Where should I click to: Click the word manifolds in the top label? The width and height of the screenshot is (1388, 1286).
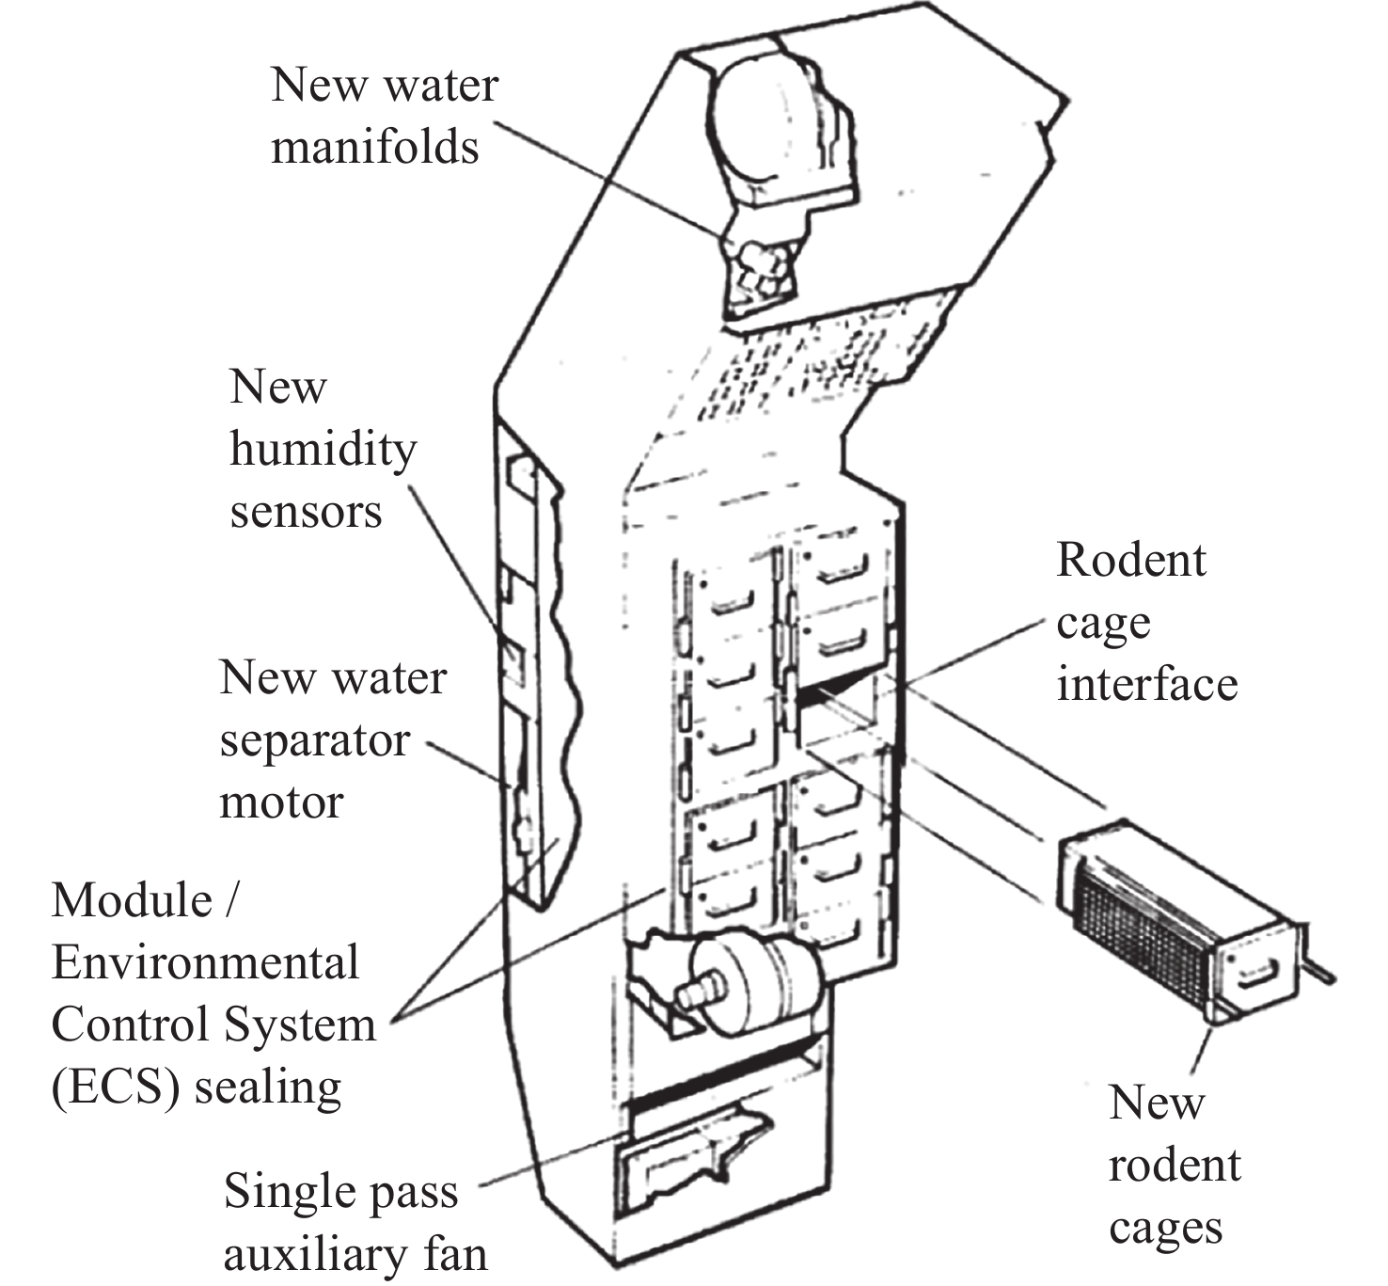pyautogui.click(x=374, y=147)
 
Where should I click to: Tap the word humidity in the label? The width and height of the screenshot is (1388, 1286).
pyautogui.click(x=323, y=450)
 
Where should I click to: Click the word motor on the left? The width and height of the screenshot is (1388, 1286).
pyautogui.click(x=281, y=802)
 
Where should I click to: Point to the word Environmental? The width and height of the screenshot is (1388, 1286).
pyautogui.click(x=205, y=962)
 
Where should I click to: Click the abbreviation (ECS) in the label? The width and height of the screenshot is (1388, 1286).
pyautogui.click(x=115, y=1088)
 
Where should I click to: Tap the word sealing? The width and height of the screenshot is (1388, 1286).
pyautogui.click(x=268, y=1088)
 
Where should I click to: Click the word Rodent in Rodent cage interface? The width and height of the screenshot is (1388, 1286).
pyautogui.click(x=1130, y=560)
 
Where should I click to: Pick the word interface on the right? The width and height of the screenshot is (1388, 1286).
pyautogui.click(x=1146, y=684)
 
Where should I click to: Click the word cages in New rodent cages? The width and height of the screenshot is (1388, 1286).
pyautogui.click(x=1165, y=1229)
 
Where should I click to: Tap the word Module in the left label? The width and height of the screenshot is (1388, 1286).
pyautogui.click(x=132, y=900)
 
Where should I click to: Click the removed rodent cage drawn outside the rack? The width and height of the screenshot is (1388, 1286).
pyautogui.click(x=1175, y=922)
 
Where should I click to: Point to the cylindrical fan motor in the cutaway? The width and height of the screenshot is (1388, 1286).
pyautogui.click(x=752, y=983)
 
